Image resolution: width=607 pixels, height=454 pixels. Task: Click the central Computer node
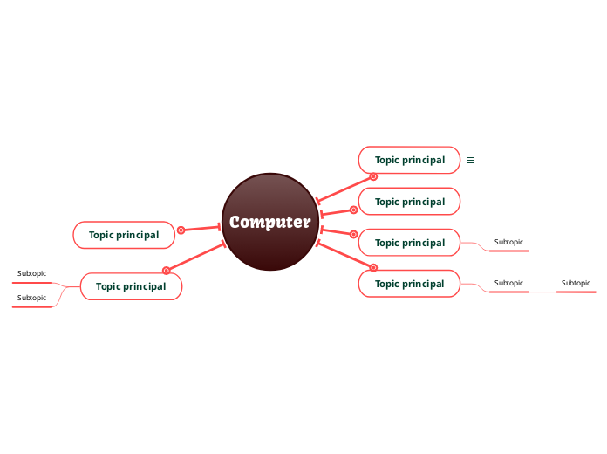pos(269,222)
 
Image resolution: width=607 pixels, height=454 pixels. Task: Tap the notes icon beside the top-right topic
pos(470,160)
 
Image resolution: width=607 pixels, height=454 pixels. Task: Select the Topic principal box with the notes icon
pos(409,160)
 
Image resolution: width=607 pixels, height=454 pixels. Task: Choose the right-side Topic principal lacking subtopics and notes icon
pos(409,202)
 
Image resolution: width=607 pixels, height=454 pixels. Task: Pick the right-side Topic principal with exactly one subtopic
pos(409,243)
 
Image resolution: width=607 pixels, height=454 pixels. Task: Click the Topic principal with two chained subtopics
pos(409,284)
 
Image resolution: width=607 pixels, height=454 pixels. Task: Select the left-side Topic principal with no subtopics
pos(124,235)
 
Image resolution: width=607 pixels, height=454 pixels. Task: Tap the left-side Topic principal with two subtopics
pos(131,286)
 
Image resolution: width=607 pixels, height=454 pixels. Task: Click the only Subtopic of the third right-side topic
pos(508,242)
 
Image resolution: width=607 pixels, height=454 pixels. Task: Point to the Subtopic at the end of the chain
pos(576,283)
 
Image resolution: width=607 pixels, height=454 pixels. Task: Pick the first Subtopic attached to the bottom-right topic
pos(508,283)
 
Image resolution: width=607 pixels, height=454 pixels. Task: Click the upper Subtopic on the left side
pos(31,274)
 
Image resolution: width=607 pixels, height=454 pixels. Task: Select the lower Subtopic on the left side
pos(31,298)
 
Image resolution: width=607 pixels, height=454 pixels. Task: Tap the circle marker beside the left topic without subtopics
pos(181,230)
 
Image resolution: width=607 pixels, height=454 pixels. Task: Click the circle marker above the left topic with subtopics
pos(166,270)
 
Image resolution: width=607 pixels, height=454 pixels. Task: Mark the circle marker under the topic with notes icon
pos(373,176)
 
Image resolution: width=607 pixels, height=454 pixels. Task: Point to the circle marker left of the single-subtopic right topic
pos(353,234)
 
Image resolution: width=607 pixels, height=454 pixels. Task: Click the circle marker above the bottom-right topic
pos(373,267)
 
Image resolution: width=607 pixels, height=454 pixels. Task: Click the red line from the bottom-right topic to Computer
pos(344,255)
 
